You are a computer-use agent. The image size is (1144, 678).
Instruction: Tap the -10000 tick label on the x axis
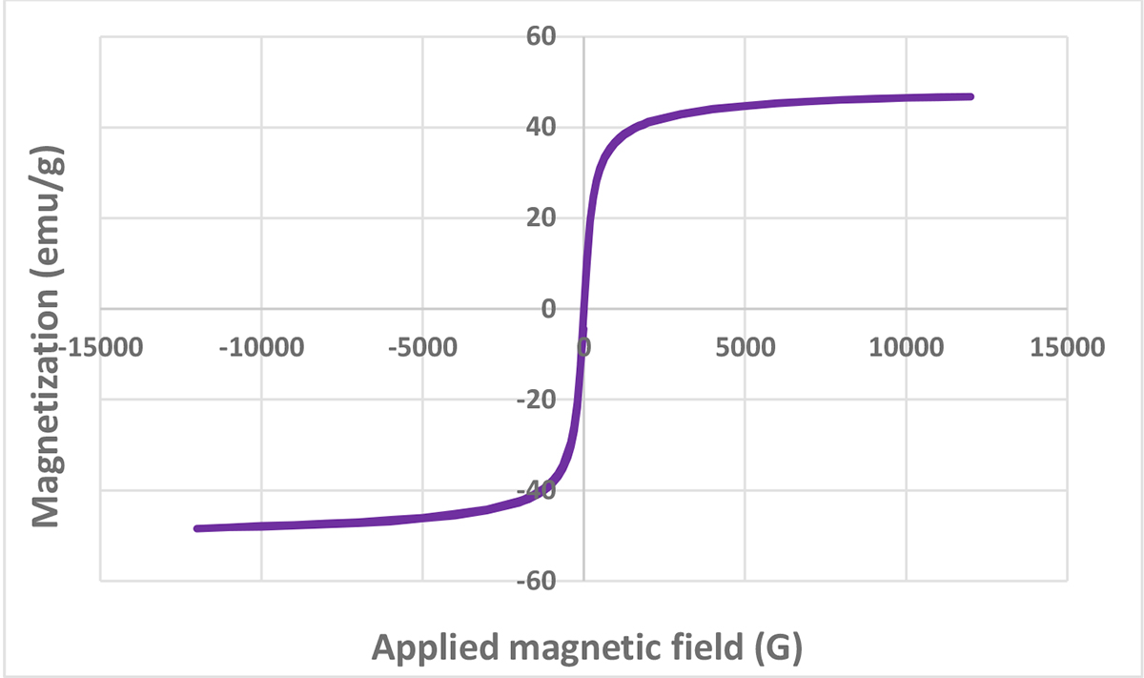(x=261, y=344)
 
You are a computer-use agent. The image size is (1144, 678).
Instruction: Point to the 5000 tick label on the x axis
(x=745, y=344)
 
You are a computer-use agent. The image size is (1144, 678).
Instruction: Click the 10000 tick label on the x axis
(x=906, y=344)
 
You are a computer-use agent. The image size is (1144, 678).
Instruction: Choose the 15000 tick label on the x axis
(x=1067, y=344)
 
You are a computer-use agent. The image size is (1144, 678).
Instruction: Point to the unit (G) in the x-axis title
(x=779, y=648)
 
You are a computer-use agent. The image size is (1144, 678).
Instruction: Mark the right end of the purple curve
(x=971, y=96)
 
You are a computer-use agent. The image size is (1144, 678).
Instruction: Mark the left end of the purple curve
(x=195, y=528)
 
